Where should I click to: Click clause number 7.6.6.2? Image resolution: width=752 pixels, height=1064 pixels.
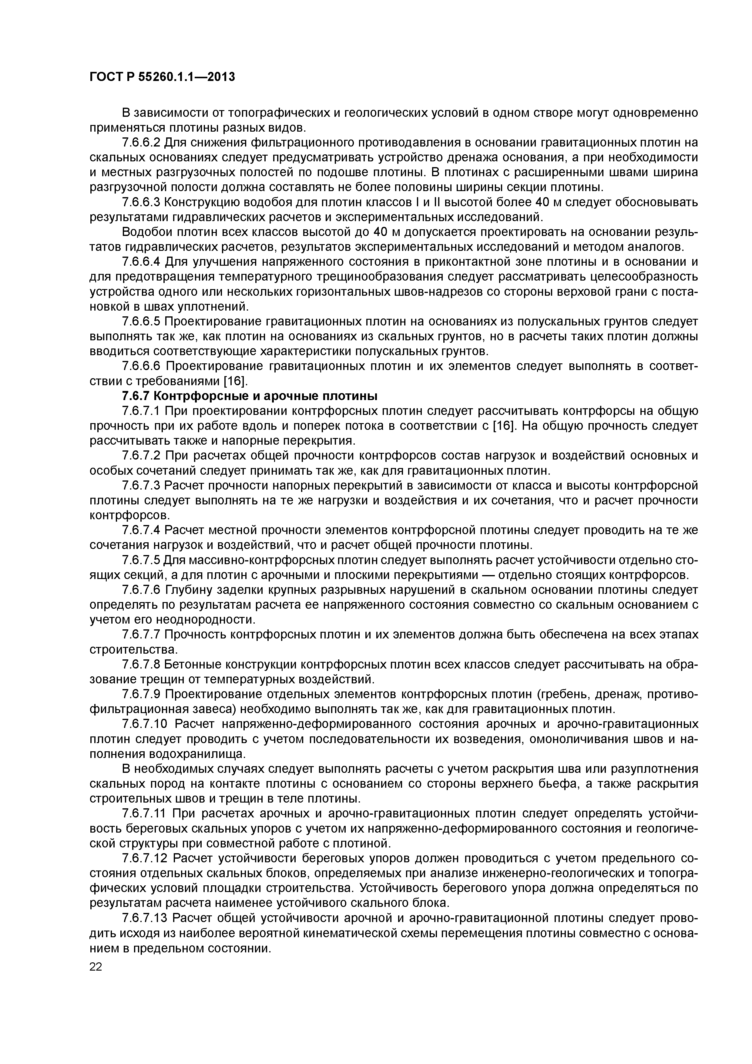[141, 142]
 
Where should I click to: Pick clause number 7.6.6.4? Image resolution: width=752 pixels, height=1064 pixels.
[141, 262]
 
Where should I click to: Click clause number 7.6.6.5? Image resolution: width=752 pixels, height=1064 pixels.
[141, 322]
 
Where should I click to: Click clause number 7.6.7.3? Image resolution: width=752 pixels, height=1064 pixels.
[141, 486]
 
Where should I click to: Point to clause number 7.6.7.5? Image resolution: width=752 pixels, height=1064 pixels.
[141, 560]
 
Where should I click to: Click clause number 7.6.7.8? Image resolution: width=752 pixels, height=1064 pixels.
[141, 665]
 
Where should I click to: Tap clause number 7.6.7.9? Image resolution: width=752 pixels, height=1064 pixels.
[141, 694]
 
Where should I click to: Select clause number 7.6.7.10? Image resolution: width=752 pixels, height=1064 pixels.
[145, 724]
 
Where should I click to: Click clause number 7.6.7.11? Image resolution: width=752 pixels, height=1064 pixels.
[145, 813]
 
